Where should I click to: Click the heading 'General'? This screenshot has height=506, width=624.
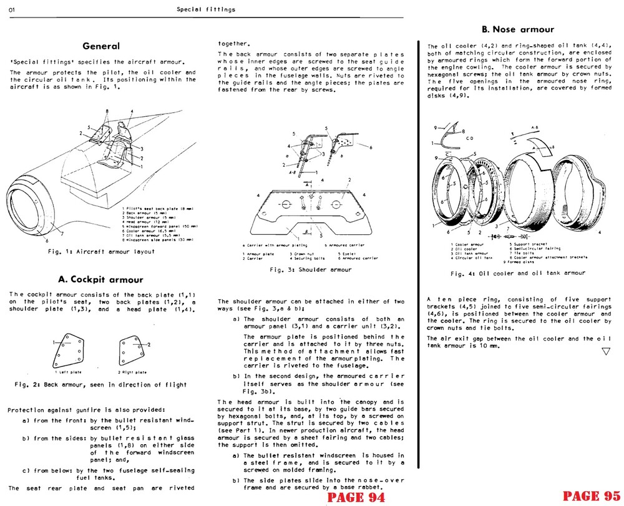click(101, 46)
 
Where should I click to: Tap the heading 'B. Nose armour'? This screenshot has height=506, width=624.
click(517, 29)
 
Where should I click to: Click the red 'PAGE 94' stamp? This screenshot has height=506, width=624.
click(355, 497)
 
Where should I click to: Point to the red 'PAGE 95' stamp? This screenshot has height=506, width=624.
click(590, 495)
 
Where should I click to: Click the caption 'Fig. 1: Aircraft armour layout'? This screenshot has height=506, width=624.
click(101, 251)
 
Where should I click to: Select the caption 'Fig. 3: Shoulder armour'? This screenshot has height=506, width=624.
click(310, 270)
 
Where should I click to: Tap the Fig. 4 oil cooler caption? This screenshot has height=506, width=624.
click(517, 273)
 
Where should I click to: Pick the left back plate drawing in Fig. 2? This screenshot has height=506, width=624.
click(68, 350)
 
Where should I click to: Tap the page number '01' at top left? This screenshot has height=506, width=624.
click(12, 9)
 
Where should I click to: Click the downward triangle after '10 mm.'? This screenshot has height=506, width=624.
click(605, 351)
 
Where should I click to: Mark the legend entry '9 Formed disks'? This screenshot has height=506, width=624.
click(523, 261)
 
